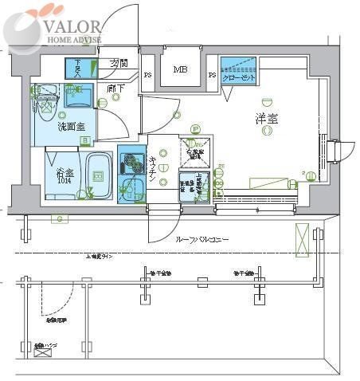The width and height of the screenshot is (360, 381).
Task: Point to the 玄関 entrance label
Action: [x=119, y=63]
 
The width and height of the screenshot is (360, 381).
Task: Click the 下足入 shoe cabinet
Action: [x=79, y=69]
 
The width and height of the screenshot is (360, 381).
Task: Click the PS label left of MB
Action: [x=148, y=77]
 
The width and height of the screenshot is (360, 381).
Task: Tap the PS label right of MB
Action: [x=212, y=77]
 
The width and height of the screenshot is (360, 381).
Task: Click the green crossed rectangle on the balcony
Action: [x=302, y=237]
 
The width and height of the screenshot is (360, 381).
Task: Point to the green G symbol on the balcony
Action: [x=58, y=218]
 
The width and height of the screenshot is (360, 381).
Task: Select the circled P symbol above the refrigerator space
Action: [x=196, y=130]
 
